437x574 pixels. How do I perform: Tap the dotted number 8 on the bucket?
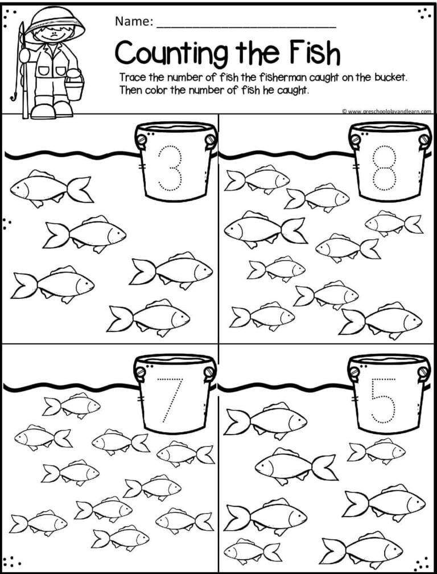[x=384, y=168]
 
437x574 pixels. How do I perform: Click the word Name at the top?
[x=134, y=22]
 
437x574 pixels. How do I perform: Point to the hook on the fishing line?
[x=14, y=96]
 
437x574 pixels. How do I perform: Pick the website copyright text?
[x=386, y=111]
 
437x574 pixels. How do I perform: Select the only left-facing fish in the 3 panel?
[x=52, y=188]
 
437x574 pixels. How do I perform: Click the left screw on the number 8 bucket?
[x=354, y=140]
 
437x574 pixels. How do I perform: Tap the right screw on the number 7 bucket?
[x=209, y=372]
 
